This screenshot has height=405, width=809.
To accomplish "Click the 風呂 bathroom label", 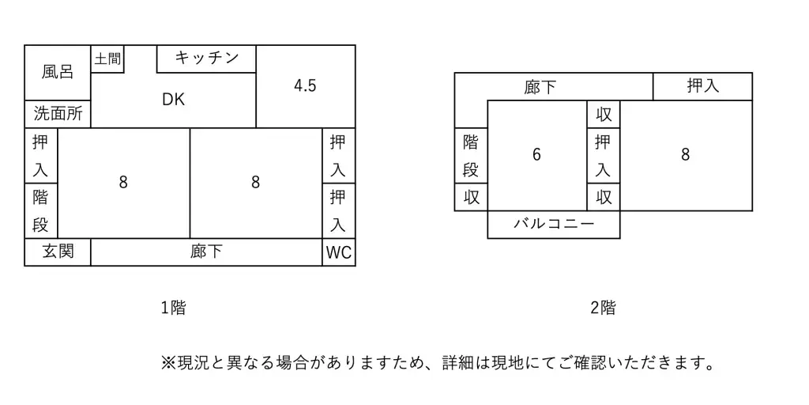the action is point(58,72).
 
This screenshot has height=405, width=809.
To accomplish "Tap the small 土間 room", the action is point(107,59).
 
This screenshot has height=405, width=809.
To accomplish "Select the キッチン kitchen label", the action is point(206,58).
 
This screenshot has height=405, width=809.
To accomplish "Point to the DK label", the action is point(173,100).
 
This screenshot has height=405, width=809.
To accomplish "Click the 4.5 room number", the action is point(305,86).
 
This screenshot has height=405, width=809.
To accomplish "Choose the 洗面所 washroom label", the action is point(58,114).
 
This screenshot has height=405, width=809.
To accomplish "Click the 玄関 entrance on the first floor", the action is point(58,252).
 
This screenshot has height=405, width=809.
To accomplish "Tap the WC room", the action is point(338,254).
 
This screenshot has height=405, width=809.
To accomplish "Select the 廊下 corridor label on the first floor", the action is point(206,252).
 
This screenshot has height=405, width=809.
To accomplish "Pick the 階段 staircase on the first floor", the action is point(41,210).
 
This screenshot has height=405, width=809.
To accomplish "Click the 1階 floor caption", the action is point(173,308).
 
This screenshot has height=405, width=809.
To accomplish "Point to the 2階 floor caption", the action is point(603,308).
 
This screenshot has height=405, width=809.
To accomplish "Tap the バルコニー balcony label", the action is point(553,224).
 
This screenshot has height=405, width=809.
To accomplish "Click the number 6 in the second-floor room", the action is point(536,155).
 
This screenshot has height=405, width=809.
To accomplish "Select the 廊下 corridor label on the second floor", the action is point(540,87).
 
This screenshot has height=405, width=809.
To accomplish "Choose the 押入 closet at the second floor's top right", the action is point(702,86).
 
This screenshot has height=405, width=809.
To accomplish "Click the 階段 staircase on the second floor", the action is point(471,156).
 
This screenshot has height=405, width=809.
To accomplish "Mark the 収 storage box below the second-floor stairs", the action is point(471,197).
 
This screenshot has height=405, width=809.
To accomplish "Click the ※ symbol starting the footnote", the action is point(167,363).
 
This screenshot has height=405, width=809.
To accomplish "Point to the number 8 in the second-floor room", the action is point(685,155).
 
